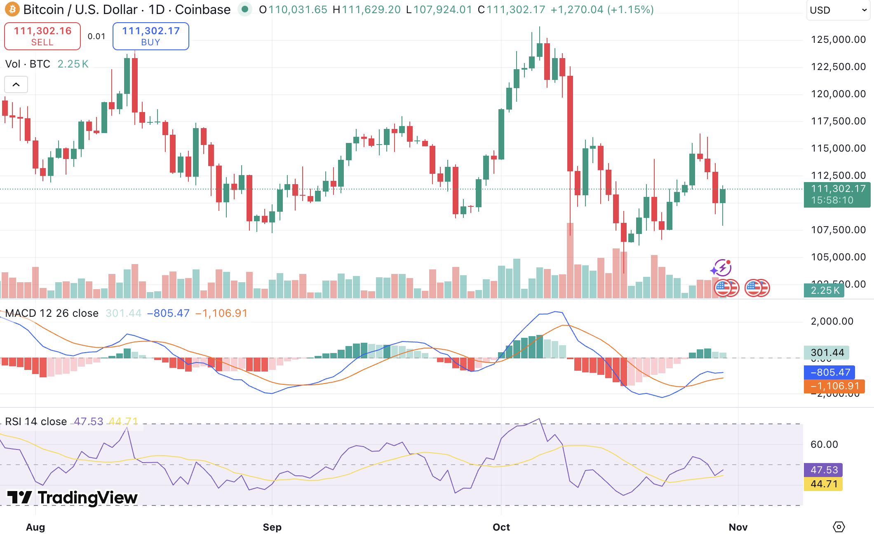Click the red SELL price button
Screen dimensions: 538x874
42,36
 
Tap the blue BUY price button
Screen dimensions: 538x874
151,36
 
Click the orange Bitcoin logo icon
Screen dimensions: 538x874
12,9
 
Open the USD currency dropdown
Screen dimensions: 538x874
838,10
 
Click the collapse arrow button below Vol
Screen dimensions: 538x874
16,84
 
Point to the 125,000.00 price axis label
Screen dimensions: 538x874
838,40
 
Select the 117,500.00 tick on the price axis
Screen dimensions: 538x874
838,121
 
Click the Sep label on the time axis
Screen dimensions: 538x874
272,527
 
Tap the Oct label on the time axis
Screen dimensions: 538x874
501,527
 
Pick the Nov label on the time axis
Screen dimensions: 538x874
738,527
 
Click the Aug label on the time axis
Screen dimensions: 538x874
35,527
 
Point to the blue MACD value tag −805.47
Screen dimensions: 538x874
829,372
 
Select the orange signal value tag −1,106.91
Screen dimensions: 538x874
834,386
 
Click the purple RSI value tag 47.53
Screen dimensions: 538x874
823,470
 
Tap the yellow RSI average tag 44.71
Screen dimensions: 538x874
823,484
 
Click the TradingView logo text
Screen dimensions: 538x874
73,498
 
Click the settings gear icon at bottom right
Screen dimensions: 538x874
839,527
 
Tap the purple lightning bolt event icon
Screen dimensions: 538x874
722,268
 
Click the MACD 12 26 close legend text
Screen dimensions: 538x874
52,313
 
